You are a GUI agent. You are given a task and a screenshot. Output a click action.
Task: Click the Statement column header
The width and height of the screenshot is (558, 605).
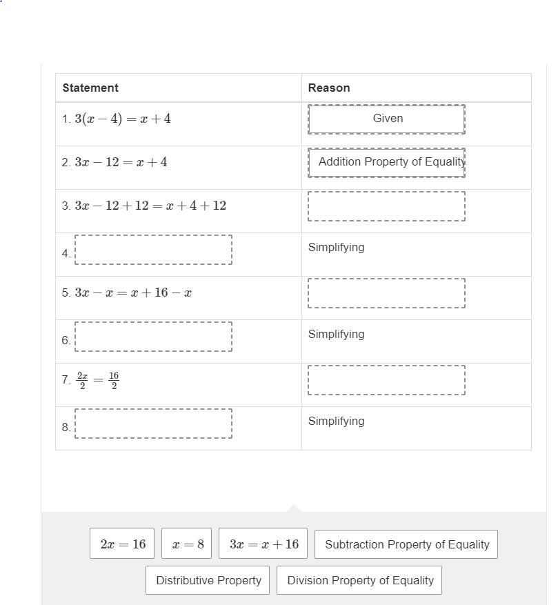(90, 88)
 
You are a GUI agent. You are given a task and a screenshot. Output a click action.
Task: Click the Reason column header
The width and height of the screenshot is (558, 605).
(329, 88)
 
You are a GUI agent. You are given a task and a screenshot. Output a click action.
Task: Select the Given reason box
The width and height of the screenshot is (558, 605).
(387, 119)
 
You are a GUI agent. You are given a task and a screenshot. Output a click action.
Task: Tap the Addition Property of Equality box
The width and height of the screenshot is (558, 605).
(387, 162)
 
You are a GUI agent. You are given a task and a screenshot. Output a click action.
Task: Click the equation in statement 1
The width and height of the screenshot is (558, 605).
(123, 119)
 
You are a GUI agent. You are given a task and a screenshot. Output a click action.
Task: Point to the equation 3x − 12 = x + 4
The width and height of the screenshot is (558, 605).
(121, 162)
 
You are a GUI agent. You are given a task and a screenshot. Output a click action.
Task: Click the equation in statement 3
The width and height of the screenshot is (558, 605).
(150, 206)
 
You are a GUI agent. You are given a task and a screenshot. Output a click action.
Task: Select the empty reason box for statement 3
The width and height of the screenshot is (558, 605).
(387, 206)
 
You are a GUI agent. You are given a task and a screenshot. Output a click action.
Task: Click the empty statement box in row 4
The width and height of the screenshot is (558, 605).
(153, 249)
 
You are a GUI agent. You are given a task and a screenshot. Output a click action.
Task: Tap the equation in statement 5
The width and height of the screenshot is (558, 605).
(133, 292)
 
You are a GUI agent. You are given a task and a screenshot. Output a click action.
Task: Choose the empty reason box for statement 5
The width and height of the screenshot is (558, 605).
(387, 292)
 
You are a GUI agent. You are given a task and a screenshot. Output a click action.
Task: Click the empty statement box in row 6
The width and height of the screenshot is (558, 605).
(153, 336)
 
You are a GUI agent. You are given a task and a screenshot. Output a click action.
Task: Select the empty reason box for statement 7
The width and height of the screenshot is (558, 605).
(387, 379)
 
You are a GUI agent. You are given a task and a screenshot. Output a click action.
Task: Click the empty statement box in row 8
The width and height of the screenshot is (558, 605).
(153, 423)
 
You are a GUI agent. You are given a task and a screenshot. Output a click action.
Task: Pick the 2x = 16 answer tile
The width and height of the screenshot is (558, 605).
(122, 544)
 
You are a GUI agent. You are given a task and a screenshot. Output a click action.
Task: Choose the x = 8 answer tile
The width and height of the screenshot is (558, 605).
(188, 544)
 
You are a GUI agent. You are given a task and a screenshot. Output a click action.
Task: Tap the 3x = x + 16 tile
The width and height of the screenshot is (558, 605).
(263, 544)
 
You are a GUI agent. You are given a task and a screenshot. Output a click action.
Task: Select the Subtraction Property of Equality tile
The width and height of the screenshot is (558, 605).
(406, 544)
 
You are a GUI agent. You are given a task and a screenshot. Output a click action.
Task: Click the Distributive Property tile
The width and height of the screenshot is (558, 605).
(208, 580)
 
